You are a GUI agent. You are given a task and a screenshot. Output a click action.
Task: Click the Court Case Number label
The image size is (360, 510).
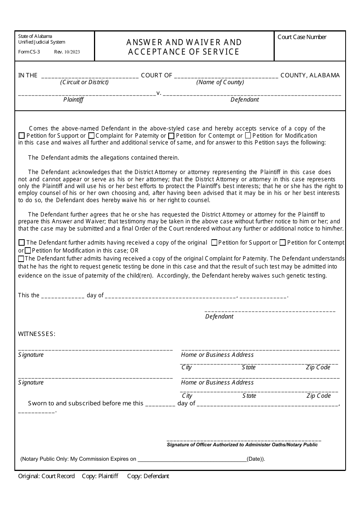(302, 37)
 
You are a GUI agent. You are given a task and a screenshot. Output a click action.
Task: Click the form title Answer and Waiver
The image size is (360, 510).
(184, 42)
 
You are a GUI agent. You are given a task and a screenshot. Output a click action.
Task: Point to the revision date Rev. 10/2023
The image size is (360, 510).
(67, 52)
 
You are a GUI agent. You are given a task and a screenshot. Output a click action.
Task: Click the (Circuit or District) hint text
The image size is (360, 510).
(84, 82)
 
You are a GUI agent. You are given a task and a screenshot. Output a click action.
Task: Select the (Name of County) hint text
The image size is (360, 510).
(220, 82)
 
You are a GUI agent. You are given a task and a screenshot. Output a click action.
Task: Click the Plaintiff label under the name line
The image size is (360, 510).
(73, 100)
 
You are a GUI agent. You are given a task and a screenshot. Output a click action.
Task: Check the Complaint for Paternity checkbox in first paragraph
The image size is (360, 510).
(91, 136)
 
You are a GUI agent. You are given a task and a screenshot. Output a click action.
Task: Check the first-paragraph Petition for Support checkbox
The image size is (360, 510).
(22, 136)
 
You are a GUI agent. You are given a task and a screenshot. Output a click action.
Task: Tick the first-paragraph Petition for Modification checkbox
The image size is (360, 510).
(248, 136)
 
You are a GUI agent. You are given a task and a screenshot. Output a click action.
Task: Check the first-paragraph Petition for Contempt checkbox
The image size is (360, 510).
(171, 136)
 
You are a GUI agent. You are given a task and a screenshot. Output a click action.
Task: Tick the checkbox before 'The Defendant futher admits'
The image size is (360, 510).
(21, 259)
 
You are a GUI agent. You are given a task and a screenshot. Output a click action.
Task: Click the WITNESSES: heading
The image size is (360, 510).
(37, 334)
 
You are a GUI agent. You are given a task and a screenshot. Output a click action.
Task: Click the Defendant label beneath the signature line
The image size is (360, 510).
(219, 317)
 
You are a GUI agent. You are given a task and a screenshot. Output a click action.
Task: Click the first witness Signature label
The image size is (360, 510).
(31, 355)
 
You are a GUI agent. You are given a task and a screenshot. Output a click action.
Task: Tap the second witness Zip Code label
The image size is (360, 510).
(318, 396)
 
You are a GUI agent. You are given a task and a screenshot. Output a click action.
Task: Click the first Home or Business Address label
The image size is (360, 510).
(217, 355)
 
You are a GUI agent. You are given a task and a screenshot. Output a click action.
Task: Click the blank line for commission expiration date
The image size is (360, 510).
(192, 459)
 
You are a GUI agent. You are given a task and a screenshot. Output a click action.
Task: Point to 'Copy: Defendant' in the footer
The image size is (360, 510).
(148, 476)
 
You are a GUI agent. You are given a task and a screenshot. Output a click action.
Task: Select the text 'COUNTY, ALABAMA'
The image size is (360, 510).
(310, 75)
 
